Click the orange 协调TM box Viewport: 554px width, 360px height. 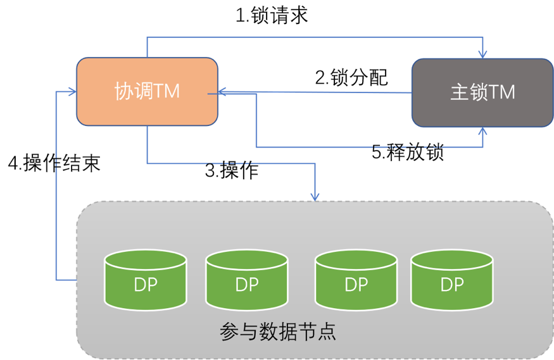click(x=147, y=92)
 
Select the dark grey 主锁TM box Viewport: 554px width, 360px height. click(x=482, y=92)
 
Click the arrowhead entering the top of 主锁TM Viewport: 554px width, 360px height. click(x=483, y=54)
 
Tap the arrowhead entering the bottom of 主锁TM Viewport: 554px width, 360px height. click(x=483, y=131)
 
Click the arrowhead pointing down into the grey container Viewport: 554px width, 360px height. click(x=315, y=197)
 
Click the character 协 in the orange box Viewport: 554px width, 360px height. click(x=123, y=91)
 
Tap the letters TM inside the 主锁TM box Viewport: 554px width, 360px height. click(x=501, y=92)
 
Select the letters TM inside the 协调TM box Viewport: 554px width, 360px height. click(x=167, y=91)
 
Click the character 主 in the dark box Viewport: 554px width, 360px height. click(x=458, y=92)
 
